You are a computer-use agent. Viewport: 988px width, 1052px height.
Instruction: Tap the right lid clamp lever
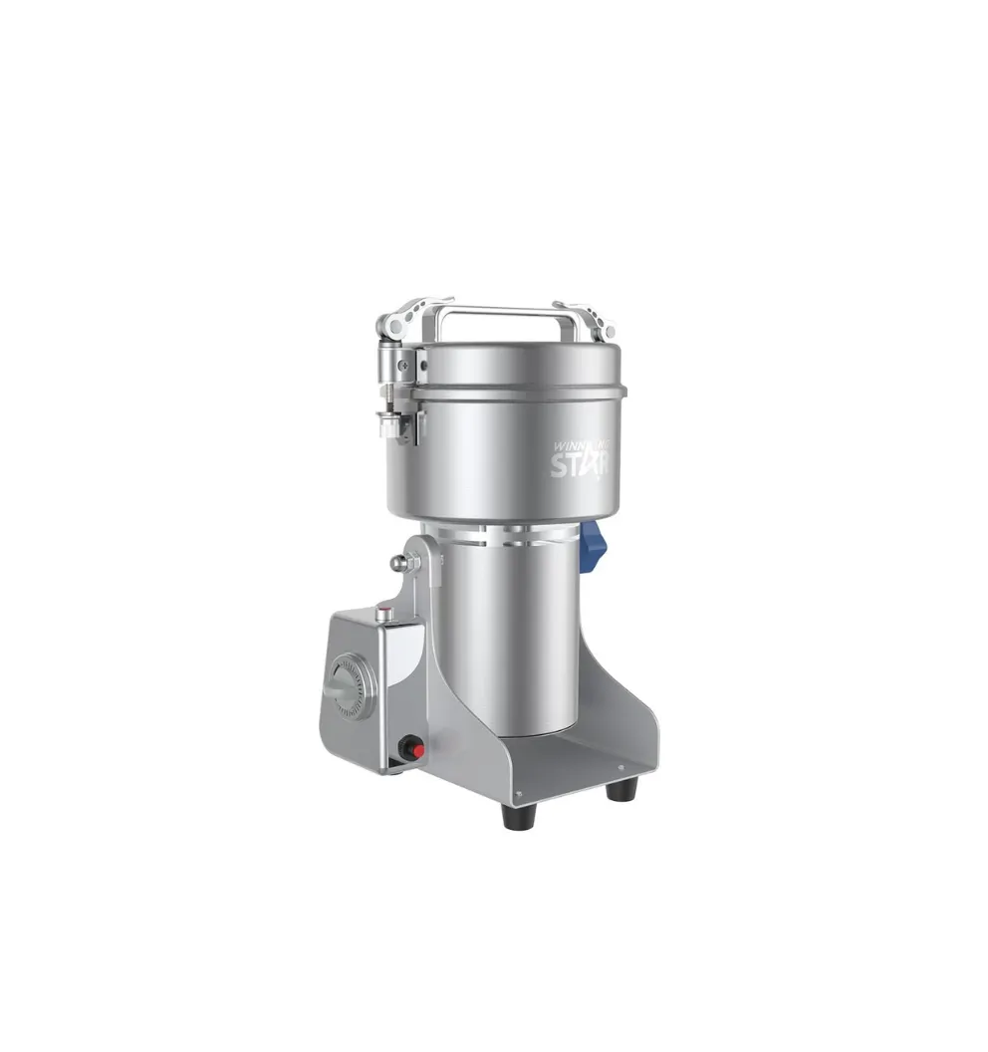click(591, 318)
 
